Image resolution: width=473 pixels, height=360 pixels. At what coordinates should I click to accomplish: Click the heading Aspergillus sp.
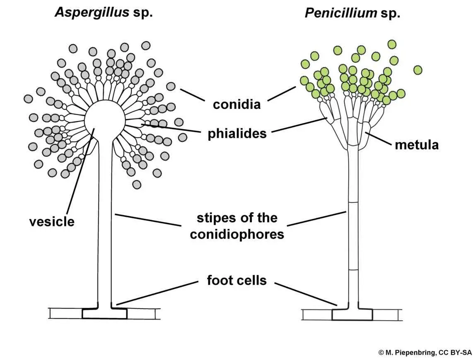104,12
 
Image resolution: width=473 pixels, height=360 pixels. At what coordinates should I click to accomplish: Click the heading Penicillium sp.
352,13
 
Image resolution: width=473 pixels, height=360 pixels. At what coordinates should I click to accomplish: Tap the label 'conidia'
236,104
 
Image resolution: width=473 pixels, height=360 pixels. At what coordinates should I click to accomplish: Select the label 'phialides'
236,134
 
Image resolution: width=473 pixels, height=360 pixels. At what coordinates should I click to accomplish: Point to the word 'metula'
416,145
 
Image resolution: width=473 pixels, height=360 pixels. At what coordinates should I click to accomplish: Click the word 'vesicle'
52,221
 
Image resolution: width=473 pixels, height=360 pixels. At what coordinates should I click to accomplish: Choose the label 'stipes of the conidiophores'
236,226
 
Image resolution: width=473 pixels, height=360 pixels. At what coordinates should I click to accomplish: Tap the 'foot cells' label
236,281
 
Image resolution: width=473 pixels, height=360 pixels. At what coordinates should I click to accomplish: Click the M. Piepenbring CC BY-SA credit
425,352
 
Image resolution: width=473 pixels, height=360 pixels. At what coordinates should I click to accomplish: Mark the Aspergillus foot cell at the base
104,313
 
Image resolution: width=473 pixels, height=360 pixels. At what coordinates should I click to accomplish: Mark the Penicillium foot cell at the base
352,314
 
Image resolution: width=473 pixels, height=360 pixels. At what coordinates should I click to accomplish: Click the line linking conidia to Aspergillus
193,95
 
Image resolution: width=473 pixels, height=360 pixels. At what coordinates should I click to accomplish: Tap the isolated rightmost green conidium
417,70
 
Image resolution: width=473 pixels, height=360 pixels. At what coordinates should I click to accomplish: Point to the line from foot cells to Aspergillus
157,293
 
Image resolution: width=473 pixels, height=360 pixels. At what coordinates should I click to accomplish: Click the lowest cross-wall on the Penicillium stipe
352,270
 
